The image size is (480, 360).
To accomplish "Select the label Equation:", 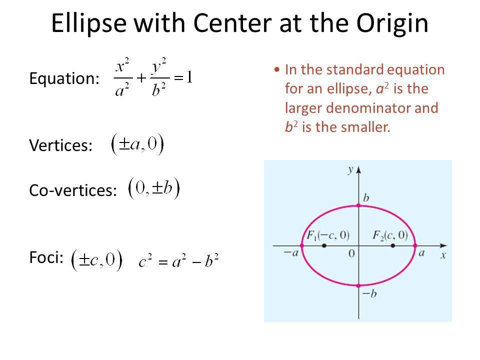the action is click(x=64, y=78).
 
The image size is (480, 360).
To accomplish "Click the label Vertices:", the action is click(x=60, y=145).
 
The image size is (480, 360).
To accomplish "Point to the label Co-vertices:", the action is click(x=73, y=190).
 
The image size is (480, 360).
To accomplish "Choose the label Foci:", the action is click(x=46, y=257).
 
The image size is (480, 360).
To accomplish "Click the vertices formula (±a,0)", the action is click(x=137, y=144).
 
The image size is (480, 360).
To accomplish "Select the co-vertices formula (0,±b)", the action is click(x=154, y=188).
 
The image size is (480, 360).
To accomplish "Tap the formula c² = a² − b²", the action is click(x=178, y=261).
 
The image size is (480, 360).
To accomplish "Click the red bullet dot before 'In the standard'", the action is click(x=277, y=70).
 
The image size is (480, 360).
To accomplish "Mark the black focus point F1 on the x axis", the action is click(x=324, y=245).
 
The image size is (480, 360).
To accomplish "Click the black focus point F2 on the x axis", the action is click(x=393, y=245).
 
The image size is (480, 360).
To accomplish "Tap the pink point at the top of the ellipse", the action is click(x=359, y=205).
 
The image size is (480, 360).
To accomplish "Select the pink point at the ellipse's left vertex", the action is click(x=302, y=245).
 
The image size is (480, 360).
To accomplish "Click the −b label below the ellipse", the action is click(x=369, y=293).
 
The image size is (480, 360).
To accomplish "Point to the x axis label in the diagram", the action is click(x=443, y=255).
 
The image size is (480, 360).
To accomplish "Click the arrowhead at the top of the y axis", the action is click(x=359, y=170).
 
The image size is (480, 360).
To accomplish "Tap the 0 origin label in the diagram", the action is click(x=351, y=253).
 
